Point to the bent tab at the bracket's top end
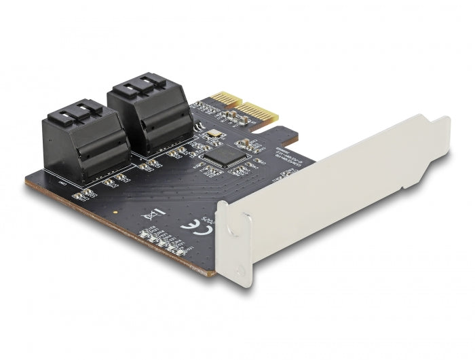click(x=441, y=126)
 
